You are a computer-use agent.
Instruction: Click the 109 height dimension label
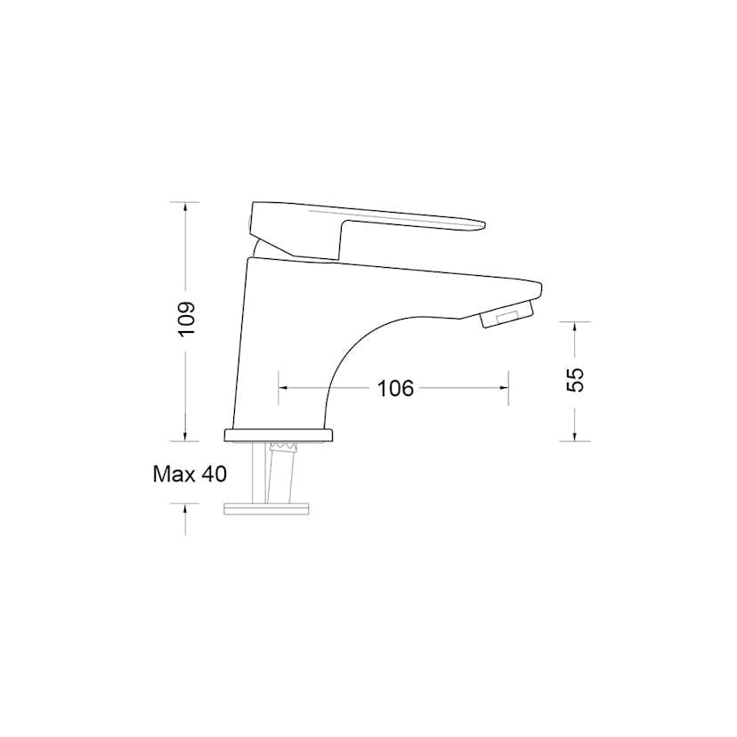[x=186, y=319]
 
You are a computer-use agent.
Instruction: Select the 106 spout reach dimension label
[x=395, y=388]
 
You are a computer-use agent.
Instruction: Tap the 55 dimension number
[x=575, y=380]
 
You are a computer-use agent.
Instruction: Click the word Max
[x=174, y=474]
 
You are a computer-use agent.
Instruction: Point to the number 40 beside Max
[x=214, y=474]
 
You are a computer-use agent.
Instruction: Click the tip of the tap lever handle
[x=483, y=224]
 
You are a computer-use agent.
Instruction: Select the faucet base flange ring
[x=279, y=435]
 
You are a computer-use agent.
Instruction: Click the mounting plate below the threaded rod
[x=266, y=509]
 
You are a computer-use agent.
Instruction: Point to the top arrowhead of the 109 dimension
[x=186, y=207]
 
